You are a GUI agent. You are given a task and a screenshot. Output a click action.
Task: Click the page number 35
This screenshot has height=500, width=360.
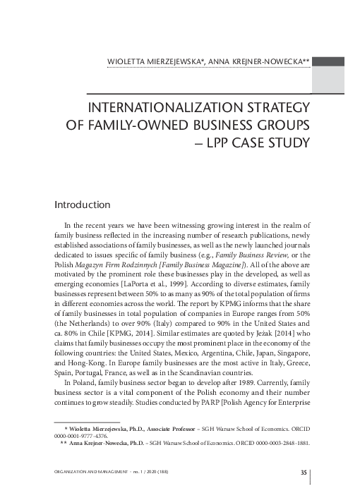pos(303,472)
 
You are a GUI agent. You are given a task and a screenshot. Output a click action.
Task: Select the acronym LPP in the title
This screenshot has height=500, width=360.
pos(228,145)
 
